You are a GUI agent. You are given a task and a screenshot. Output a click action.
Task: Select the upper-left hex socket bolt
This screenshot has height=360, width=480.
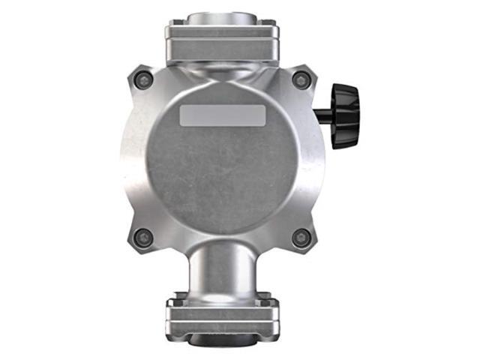coord(142,79)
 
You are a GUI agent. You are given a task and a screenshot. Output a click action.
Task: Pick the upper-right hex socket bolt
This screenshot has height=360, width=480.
coord(301,79)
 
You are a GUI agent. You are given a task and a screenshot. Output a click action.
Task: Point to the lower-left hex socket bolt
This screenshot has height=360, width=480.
coord(142,238)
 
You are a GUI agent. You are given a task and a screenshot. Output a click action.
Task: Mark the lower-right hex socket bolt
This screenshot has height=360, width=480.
coord(301,238)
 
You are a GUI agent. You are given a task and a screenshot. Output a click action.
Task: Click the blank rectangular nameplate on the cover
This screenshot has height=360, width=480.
coord(222,115)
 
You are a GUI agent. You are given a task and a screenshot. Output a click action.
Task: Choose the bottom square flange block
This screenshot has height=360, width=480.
coord(222,315)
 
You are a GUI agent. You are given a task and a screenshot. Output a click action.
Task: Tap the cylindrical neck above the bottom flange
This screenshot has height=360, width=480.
coord(222,274)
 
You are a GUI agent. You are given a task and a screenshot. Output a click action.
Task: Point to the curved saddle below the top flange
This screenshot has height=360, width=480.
coord(222,71)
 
